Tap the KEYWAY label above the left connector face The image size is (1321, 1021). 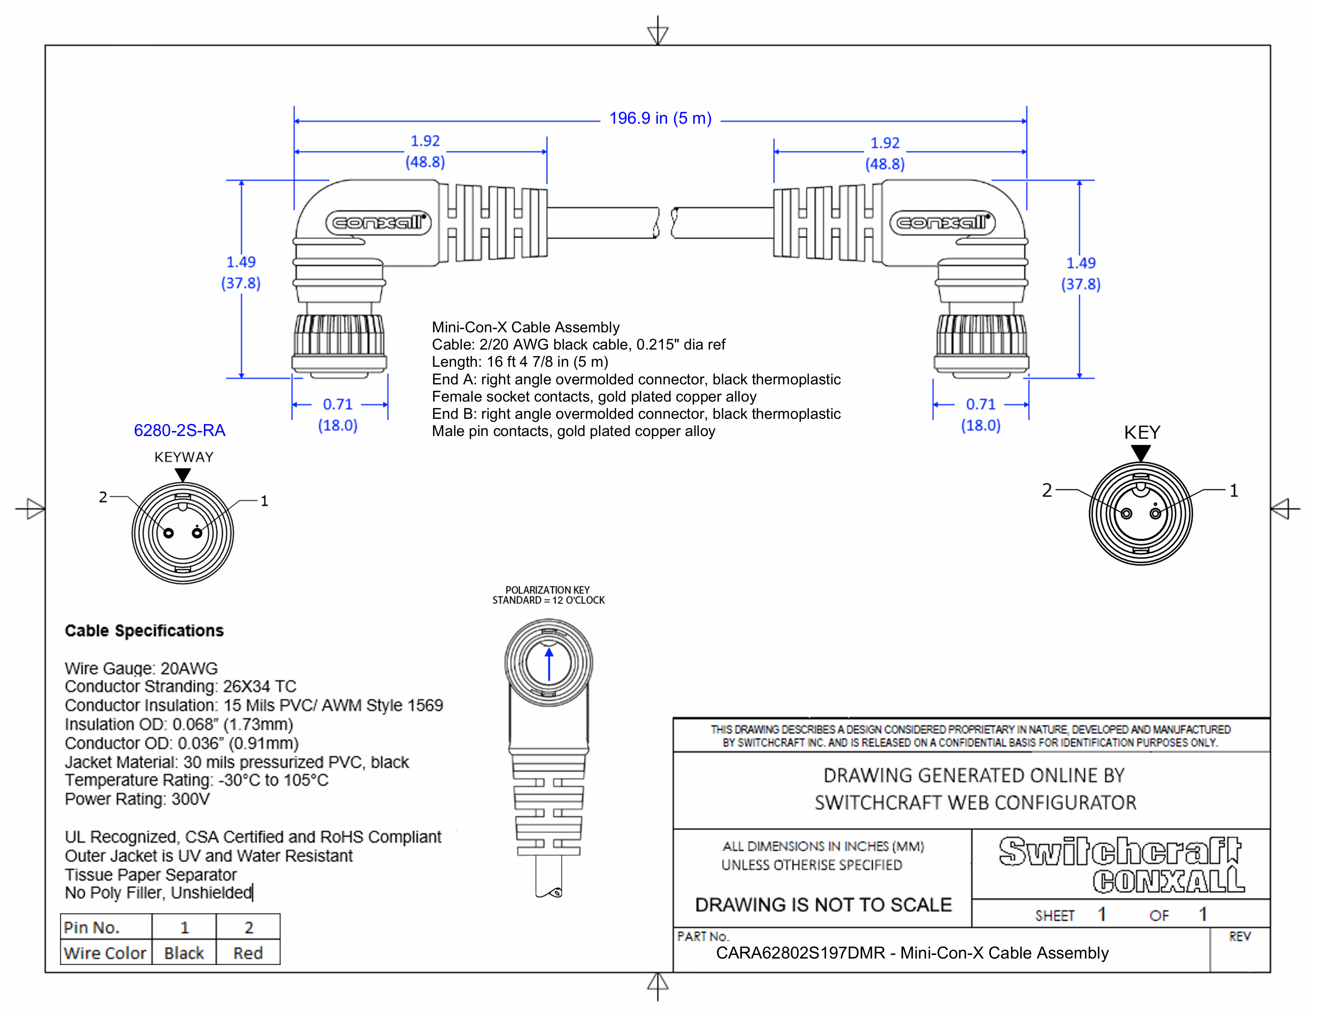coord(184,457)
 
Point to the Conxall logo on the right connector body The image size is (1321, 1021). coord(942,223)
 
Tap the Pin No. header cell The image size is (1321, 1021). coord(92,927)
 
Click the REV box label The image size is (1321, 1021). coord(1239,937)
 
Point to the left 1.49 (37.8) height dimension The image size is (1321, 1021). coord(241,272)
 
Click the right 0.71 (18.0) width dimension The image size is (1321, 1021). coord(980,414)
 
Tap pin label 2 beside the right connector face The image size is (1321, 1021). coord(1047,490)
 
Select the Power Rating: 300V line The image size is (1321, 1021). coord(137,799)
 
